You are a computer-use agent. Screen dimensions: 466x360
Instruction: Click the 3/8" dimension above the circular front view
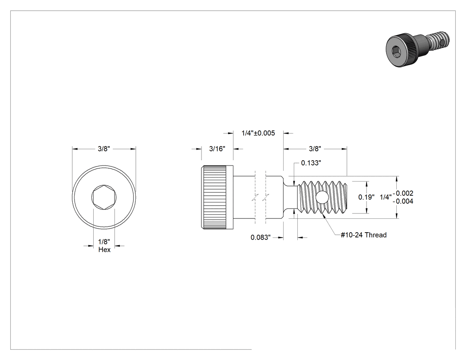coord(104,149)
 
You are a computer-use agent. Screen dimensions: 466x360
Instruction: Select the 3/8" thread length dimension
coord(315,149)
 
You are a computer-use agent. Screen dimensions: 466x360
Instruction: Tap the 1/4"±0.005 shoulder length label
coord(258,133)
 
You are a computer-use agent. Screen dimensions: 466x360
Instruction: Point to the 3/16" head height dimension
coord(217,149)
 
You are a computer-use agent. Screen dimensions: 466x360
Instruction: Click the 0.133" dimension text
coord(311,163)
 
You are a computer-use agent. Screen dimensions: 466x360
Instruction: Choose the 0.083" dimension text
coord(261,237)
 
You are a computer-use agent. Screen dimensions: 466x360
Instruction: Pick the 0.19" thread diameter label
coord(367,197)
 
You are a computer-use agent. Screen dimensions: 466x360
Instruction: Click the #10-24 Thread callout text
coord(363,235)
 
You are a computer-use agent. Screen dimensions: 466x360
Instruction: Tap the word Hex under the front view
coord(104,250)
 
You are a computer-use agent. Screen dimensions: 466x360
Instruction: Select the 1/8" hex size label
coord(104,242)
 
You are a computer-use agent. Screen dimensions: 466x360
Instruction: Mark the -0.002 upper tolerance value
coord(403,193)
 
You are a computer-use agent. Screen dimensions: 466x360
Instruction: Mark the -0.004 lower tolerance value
coord(403,201)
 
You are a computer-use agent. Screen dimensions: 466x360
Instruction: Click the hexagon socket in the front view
coord(104,198)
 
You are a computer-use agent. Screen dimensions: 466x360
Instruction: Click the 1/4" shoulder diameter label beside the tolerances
coord(386,197)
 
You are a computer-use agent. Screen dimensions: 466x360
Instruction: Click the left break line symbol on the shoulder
coord(255,198)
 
